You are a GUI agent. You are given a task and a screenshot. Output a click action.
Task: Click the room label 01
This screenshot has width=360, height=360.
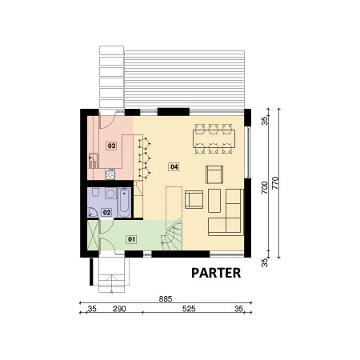click(131, 239)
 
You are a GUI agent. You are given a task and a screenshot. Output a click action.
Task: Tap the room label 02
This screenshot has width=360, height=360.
click(106, 213)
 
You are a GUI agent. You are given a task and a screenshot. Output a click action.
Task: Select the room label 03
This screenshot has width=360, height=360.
click(111, 146)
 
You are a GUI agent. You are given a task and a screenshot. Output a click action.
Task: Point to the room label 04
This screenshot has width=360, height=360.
click(174, 167)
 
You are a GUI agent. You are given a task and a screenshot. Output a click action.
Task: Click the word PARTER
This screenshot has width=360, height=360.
click(216, 273)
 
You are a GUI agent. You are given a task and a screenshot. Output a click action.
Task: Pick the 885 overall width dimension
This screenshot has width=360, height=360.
click(166, 299)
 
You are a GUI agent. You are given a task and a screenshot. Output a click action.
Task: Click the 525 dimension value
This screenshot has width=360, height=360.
click(189, 309)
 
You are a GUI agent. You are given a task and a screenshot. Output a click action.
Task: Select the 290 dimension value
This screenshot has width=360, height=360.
click(119, 309)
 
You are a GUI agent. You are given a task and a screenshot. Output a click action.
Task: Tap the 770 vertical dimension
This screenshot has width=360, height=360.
click(275, 183)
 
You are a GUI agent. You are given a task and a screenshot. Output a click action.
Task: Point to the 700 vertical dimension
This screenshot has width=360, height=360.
click(264, 187)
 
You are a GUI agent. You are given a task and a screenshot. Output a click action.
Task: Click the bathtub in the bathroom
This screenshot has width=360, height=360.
click(124, 202)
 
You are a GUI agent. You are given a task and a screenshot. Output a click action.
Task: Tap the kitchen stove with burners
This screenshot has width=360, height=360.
click(110, 174)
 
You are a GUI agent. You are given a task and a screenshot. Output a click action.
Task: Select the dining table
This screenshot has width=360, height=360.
click(214, 138)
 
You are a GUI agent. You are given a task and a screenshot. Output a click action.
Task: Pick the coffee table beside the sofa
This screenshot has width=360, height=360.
click(214, 201)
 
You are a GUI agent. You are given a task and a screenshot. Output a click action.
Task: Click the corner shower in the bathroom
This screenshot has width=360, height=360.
click(92, 213)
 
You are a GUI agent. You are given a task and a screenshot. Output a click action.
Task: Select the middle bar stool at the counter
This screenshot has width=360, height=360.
click(144, 158)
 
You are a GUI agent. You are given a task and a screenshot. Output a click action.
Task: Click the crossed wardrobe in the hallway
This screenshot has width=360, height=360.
click(93, 235)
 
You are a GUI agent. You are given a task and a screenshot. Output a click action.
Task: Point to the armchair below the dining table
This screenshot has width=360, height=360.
click(214, 174)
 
